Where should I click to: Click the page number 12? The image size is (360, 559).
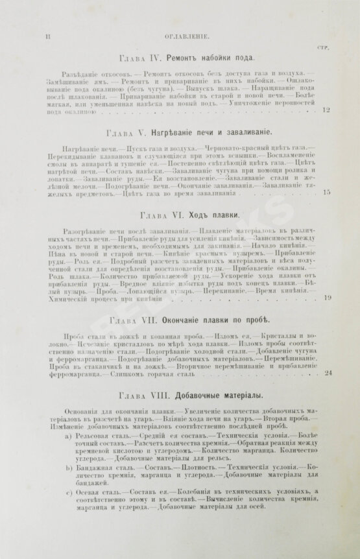(326, 111)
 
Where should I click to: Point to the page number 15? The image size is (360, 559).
(326, 192)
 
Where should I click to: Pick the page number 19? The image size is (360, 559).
(327, 298)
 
